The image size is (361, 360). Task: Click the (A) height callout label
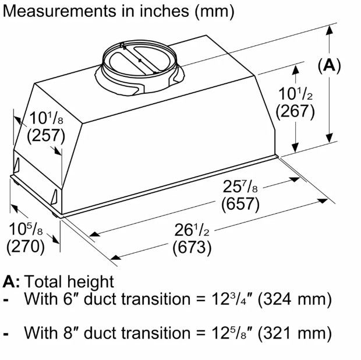(329, 66)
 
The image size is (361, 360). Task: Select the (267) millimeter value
(295, 112)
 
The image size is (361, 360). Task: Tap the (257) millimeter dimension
(46, 136)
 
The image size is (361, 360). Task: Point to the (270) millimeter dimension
(26, 246)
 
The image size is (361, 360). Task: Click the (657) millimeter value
(240, 204)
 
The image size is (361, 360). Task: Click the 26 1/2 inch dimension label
(192, 230)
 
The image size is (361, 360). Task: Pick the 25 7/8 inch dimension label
(240, 186)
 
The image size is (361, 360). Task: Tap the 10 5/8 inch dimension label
(26, 230)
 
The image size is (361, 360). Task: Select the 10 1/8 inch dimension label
(46, 118)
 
